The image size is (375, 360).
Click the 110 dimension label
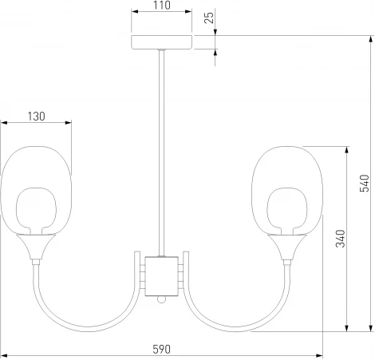[x=162, y=6]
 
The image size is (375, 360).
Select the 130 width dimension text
[x=35, y=116]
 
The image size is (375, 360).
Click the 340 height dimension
[x=340, y=237]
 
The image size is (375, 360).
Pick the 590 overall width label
[x=162, y=350]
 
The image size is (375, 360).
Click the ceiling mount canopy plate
[x=162, y=42]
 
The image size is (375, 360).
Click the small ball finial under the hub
[x=162, y=299]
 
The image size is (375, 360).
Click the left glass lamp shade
[x=36, y=188]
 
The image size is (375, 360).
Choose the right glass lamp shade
[x=287, y=188]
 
